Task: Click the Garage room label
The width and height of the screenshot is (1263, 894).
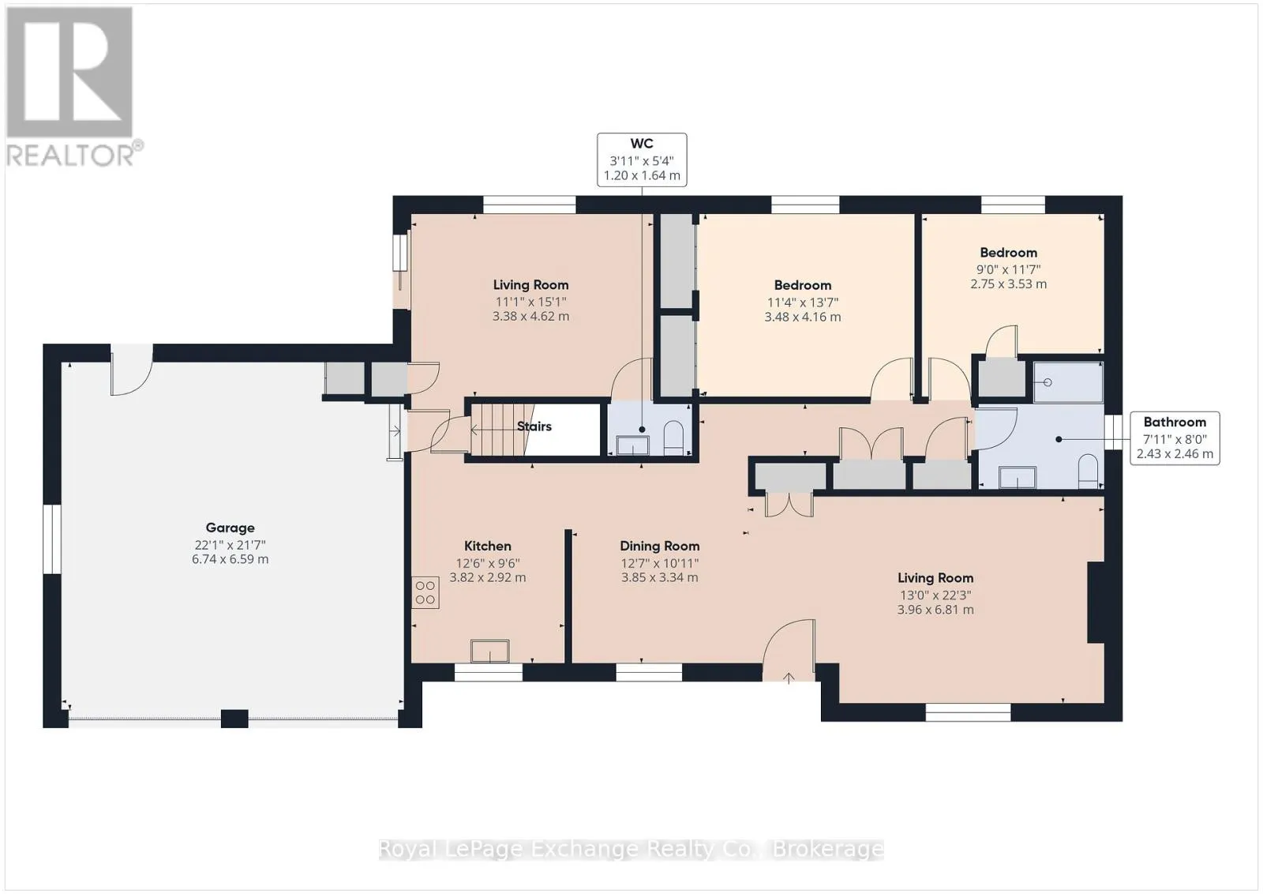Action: point(230,528)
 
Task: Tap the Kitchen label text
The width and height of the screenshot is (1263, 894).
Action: point(488,546)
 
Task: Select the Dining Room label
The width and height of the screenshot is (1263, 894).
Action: point(660,546)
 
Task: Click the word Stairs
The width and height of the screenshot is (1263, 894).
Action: point(534,426)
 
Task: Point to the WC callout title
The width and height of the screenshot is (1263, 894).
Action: point(642,144)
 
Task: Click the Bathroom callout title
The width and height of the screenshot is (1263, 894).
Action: point(1175,422)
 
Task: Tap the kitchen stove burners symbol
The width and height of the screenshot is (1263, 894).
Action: point(425,593)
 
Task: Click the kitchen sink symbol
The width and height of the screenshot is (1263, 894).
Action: point(490,651)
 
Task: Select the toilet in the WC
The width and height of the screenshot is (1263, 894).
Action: point(673,438)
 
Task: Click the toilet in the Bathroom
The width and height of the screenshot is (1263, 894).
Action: point(1088,471)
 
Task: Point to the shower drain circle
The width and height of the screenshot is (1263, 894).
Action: point(1048,382)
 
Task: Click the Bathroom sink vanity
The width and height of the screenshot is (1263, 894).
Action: point(1018,477)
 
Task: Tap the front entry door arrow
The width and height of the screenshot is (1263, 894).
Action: point(789,678)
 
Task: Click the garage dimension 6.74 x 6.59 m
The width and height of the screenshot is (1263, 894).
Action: point(230,559)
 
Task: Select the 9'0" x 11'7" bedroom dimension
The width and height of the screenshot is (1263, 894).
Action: point(1008,269)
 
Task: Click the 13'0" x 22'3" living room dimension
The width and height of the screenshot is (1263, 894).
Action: point(935,595)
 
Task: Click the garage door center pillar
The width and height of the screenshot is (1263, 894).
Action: point(234,718)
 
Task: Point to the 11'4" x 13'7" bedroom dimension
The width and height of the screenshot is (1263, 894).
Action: point(802,302)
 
